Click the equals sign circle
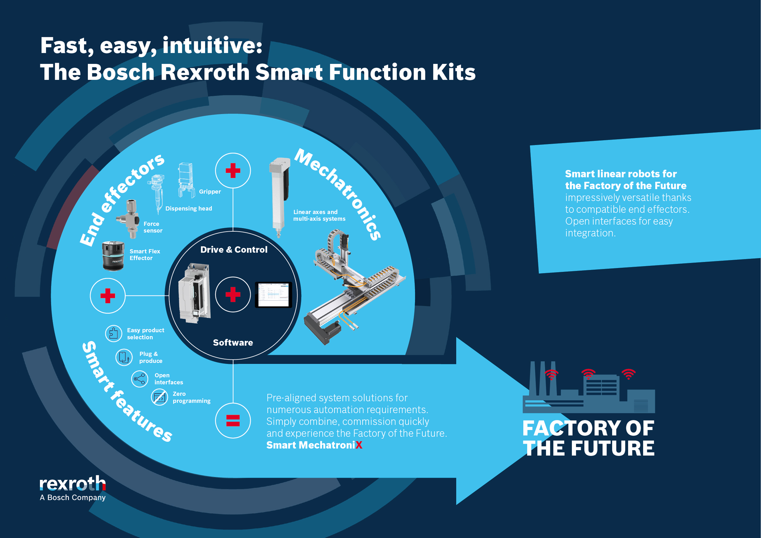click(233, 420)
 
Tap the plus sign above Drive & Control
click(233, 170)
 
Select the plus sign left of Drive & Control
click(108, 296)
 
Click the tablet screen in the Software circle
click(274, 295)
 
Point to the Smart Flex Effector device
click(113, 256)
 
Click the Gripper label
click(210, 191)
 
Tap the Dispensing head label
click(189, 209)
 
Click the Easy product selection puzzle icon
click(113, 334)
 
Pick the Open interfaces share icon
click(140, 379)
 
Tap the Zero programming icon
click(159, 397)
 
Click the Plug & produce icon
click(124, 357)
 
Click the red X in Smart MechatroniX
click(359, 445)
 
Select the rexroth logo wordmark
click(72, 484)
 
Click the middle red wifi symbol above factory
click(588, 374)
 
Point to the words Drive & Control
click(234, 250)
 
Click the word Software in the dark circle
click(233, 342)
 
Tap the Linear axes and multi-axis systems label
click(319, 215)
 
